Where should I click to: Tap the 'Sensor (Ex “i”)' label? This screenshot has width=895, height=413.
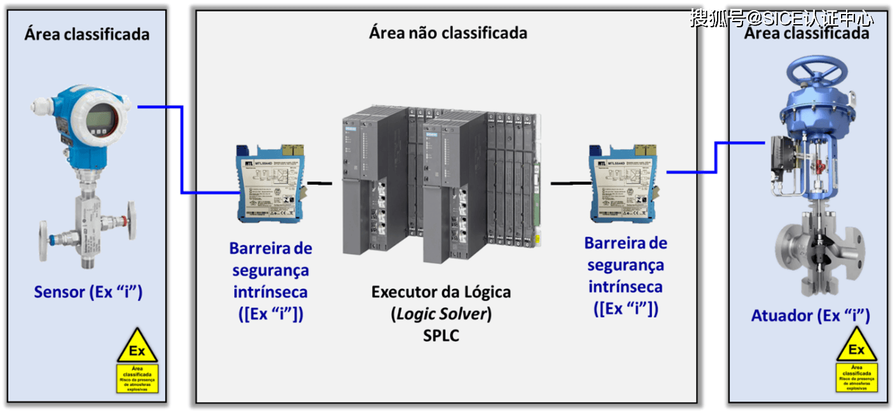tap(88, 292)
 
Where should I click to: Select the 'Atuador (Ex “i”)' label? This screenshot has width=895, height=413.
tap(810, 315)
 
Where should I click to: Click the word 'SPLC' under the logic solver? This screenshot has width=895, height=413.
tap(441, 335)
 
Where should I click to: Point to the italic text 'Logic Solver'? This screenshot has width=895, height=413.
tap(441, 313)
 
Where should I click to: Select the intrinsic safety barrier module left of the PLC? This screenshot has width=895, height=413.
tap(270, 184)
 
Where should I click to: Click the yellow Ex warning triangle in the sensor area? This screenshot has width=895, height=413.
tap(137, 347)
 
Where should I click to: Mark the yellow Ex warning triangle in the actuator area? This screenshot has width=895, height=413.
tap(857, 346)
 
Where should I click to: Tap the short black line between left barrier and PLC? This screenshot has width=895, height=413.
tap(320, 184)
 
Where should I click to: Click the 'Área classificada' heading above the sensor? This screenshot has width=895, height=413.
tap(87, 33)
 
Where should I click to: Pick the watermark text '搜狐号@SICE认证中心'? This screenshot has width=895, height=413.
tap(782, 18)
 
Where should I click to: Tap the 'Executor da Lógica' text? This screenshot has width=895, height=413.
tap(441, 292)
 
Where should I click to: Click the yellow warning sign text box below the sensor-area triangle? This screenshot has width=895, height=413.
tap(137, 379)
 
